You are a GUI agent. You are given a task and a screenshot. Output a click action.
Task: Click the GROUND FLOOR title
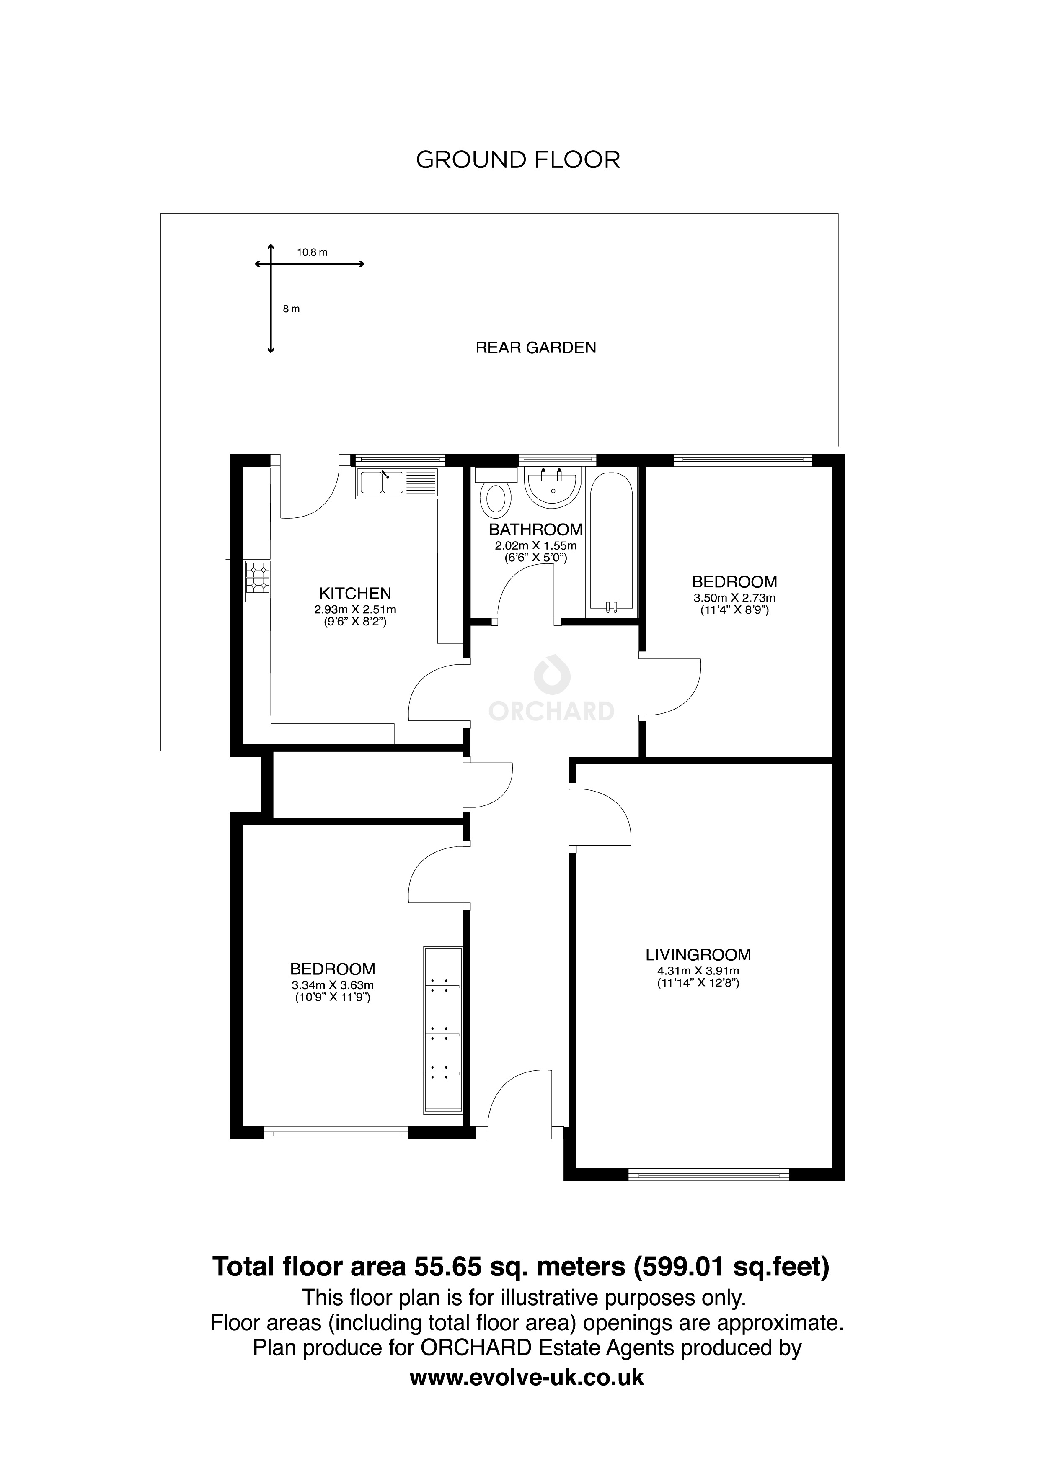point(518,160)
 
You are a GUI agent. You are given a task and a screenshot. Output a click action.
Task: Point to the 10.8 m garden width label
point(312,252)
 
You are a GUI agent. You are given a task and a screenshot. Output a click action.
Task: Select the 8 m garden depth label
point(291,309)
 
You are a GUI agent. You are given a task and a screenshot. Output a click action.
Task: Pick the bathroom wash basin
point(552,487)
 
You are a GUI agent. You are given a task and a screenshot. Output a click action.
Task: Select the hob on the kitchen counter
point(258,581)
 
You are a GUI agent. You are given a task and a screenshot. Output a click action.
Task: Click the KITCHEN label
point(355,593)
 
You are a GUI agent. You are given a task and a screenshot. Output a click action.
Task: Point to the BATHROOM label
point(535,530)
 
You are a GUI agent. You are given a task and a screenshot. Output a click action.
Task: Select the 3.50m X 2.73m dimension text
point(734,598)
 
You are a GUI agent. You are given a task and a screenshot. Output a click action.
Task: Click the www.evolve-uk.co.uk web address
point(527,1394)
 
